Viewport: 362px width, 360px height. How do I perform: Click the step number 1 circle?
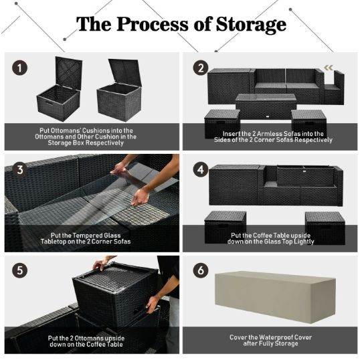(x=19, y=68)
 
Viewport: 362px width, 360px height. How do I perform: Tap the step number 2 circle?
(x=201, y=68)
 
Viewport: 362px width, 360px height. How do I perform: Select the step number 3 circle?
(x=19, y=169)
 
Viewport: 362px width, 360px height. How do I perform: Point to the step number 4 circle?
(x=201, y=169)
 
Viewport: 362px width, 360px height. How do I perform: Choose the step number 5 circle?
(x=19, y=270)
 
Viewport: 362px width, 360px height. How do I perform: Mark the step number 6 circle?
(x=201, y=270)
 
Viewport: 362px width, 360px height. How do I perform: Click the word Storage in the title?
(x=251, y=25)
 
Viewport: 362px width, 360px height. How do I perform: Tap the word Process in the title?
(x=153, y=24)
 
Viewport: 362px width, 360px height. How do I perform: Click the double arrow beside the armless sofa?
(x=329, y=68)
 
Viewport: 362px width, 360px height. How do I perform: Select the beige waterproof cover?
(x=275, y=297)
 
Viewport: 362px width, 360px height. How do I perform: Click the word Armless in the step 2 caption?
(x=269, y=134)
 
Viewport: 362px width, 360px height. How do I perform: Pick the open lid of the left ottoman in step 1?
(x=68, y=73)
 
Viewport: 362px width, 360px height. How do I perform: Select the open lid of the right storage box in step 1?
(x=125, y=72)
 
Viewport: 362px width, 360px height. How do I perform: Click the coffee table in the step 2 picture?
(x=266, y=106)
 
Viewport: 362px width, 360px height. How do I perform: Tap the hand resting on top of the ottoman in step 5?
(x=100, y=264)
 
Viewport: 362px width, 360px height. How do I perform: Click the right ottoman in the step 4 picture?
(x=325, y=228)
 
